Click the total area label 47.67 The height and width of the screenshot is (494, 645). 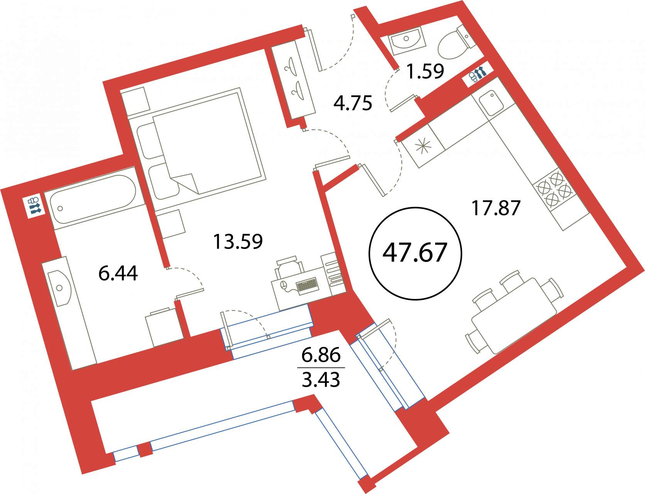pos(415,253)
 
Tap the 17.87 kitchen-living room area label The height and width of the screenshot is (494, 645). pos(496,208)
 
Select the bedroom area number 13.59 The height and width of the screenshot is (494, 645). pos(238,242)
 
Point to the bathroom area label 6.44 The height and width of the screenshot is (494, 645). pos(118,274)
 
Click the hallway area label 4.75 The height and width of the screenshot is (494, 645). pos(353,103)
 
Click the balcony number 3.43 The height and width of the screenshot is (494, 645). pos(321,380)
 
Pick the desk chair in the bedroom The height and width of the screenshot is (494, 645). pos(289,266)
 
